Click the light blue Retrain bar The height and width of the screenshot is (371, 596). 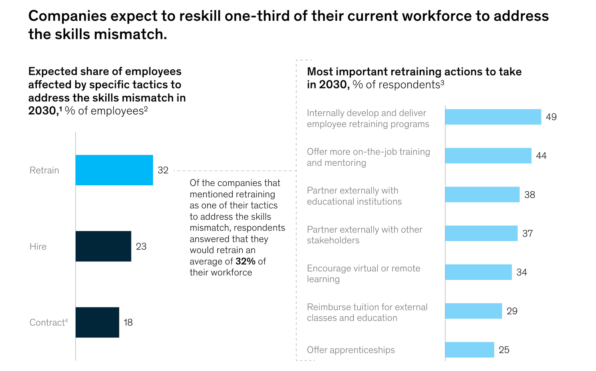[x=114, y=170]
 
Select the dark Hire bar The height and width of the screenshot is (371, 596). [x=103, y=246]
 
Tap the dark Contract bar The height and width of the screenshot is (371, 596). [x=97, y=322]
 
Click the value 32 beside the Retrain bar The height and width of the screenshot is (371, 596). [x=163, y=170]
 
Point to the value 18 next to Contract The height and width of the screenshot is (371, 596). [x=128, y=322]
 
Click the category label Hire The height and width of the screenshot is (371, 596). [x=38, y=247]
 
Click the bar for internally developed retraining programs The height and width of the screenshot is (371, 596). [x=493, y=117]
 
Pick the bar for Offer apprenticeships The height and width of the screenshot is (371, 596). [x=469, y=350]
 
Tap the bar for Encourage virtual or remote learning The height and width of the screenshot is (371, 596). [x=478, y=272]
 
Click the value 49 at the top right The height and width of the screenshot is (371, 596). [x=551, y=117]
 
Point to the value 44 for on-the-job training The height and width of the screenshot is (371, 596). [x=541, y=156]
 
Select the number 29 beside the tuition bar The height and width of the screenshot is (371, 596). [x=512, y=311]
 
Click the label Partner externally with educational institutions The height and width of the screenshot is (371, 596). [x=354, y=196]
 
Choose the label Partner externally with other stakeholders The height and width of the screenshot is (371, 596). [x=364, y=235]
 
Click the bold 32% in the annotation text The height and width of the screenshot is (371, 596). [x=245, y=261]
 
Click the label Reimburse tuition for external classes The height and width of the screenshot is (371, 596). [x=367, y=313]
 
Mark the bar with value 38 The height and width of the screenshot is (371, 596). [x=482, y=195]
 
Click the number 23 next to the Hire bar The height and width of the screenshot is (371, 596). [x=141, y=246]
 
